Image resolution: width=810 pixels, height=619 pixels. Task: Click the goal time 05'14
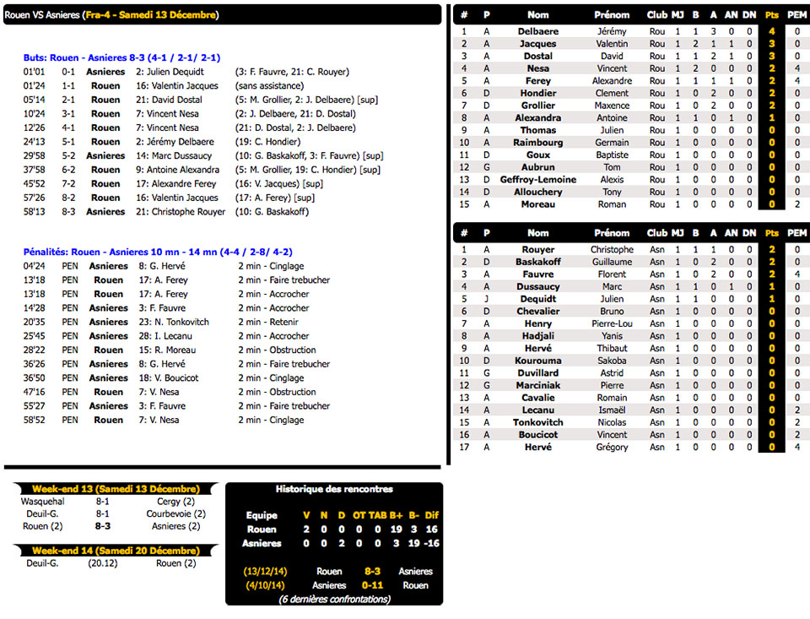click(34, 100)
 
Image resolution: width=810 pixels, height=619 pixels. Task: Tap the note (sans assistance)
click(269, 86)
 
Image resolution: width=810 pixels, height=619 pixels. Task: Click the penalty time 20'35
click(34, 322)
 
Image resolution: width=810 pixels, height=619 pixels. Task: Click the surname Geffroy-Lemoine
click(537, 180)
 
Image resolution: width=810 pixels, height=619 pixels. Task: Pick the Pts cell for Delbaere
click(771, 31)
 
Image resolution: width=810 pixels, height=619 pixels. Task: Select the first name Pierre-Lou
click(612, 323)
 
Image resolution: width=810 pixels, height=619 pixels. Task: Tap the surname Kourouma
click(537, 361)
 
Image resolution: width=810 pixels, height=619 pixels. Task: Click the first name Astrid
click(612, 372)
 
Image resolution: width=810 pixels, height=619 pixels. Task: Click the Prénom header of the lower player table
click(612, 233)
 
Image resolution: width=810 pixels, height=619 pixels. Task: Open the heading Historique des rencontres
click(334, 489)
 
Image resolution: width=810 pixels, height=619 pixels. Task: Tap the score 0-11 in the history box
click(373, 585)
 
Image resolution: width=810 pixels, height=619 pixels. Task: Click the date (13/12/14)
click(265, 571)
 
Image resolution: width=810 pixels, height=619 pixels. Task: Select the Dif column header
click(431, 515)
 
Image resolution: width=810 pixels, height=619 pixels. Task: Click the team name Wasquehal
click(43, 501)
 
